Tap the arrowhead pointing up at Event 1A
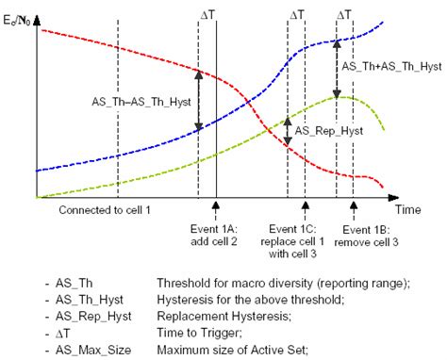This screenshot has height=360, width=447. (x=216, y=204)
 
